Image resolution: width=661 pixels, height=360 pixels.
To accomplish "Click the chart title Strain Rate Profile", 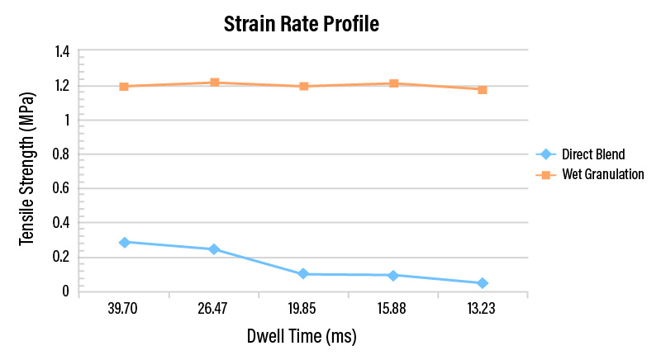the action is coord(301,24).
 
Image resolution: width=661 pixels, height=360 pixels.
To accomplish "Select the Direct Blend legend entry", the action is coord(581,154).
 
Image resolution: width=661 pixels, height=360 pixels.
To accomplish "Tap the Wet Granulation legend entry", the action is coord(590,174).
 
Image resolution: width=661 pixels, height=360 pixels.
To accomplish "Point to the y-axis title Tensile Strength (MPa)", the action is coord(27,169).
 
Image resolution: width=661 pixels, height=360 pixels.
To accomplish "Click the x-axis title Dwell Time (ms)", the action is coord(302,336).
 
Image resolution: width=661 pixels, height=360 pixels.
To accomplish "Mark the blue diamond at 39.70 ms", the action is coord(125,243).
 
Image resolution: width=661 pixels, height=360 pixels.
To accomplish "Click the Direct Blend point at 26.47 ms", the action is coord(214,249).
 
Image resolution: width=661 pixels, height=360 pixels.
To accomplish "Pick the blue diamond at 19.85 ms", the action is coord(303,273).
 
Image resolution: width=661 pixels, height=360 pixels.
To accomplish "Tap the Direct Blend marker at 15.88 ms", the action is coord(393,276).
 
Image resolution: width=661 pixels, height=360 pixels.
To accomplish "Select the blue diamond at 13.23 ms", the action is coord(483,283).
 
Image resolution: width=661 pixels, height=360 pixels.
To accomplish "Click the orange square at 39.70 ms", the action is coord(124,87).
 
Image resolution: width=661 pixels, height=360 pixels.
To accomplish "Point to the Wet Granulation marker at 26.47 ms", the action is coord(215,82).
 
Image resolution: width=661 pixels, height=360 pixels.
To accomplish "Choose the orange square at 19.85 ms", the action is coord(304,87).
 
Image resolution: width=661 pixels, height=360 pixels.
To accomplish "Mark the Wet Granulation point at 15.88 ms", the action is coord(394,83).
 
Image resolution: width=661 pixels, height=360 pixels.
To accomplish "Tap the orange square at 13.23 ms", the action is coord(483,90).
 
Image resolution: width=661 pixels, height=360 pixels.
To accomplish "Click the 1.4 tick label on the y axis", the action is coord(62,52).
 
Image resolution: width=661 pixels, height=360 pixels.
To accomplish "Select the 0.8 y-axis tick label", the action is coord(61,154).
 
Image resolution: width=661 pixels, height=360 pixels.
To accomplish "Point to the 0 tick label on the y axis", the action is coord(65,291).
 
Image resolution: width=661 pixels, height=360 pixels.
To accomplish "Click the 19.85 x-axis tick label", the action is coord(302,309).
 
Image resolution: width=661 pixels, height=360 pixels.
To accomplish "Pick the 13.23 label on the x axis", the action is coord(481,309).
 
